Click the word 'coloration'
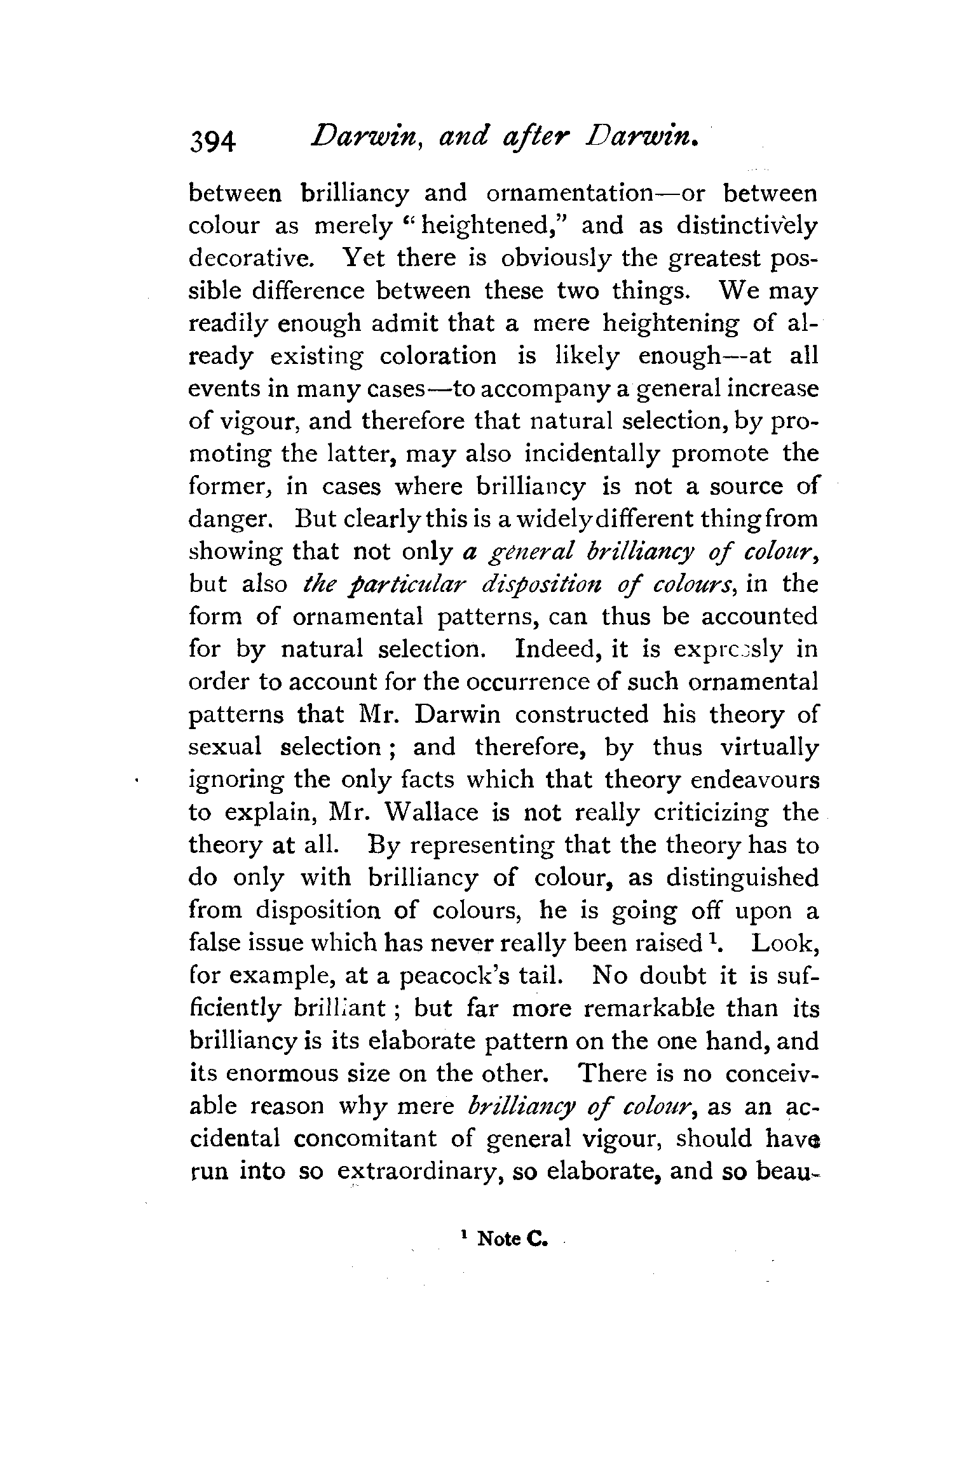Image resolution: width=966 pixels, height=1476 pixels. [437, 356]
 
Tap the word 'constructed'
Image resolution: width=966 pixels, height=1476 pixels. [582, 715]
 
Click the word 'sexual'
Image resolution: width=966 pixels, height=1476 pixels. [225, 747]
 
